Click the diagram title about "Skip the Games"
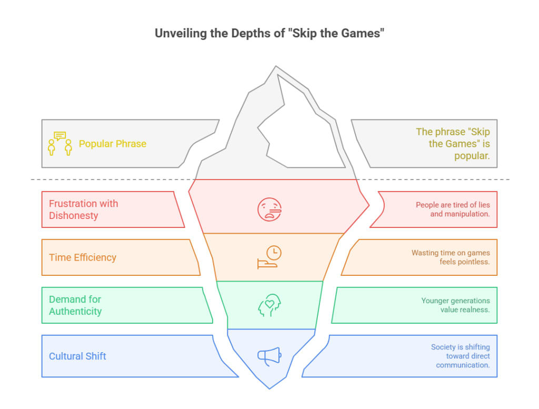[269, 33]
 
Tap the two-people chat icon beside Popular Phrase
[60, 143]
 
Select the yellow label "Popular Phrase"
[113, 144]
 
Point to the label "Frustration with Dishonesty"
[83, 210]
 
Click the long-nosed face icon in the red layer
[269, 209]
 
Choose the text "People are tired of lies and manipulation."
[453, 210]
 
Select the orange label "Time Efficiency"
[83, 257]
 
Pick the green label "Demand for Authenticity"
[75, 305]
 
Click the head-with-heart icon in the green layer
[269, 305]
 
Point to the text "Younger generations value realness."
[455, 305]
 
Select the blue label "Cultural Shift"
[77, 356]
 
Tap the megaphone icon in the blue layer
[269, 356]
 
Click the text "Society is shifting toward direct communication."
[460, 356]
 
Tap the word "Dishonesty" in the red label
[74, 216]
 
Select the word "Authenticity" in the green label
[75, 312]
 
